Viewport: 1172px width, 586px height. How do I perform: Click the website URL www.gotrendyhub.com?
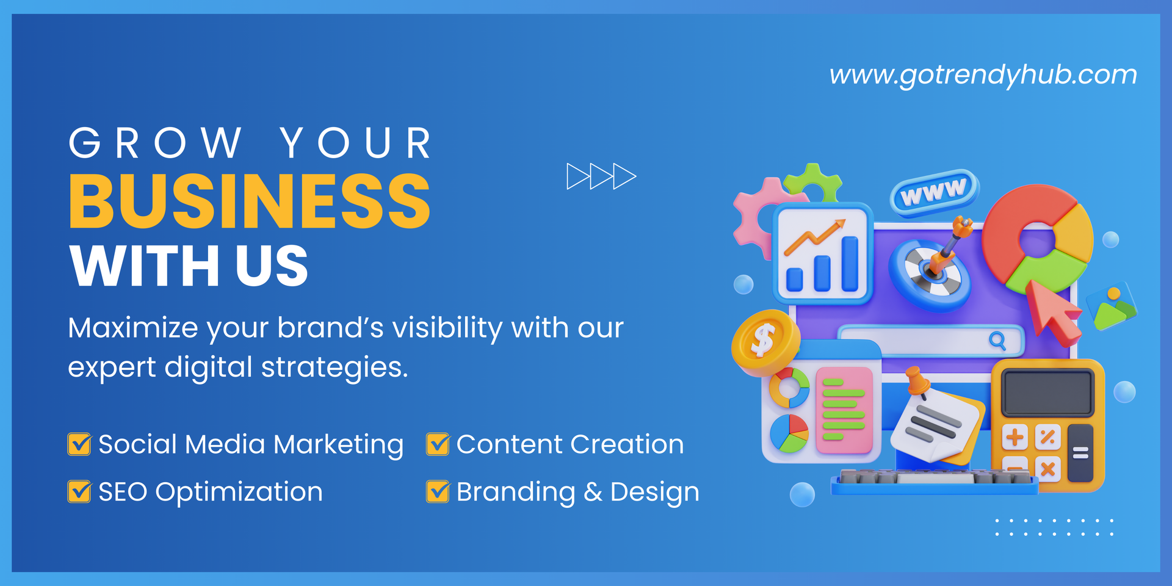[983, 75]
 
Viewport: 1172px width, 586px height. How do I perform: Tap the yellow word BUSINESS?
[250, 201]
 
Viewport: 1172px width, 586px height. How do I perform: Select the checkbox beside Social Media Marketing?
[79, 444]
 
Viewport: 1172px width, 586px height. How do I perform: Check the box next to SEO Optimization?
[79, 491]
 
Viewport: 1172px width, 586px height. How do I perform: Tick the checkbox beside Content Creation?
[438, 444]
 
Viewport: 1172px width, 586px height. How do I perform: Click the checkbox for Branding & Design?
[438, 491]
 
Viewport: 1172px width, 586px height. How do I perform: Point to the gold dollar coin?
[765, 342]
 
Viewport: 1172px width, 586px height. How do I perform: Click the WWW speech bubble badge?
[935, 193]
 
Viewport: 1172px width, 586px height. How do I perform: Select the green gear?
[814, 181]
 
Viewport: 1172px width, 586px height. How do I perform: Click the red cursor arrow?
[1052, 311]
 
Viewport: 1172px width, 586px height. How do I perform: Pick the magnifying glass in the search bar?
[997, 341]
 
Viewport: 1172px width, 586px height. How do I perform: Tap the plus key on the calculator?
[1015, 437]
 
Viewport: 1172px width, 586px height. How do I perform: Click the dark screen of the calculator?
[1047, 394]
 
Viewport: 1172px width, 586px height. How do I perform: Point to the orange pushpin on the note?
[917, 382]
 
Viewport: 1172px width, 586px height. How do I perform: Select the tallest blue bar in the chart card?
[850, 264]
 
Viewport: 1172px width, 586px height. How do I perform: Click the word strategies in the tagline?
[335, 368]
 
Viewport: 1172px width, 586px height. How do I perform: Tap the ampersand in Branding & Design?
[593, 492]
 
